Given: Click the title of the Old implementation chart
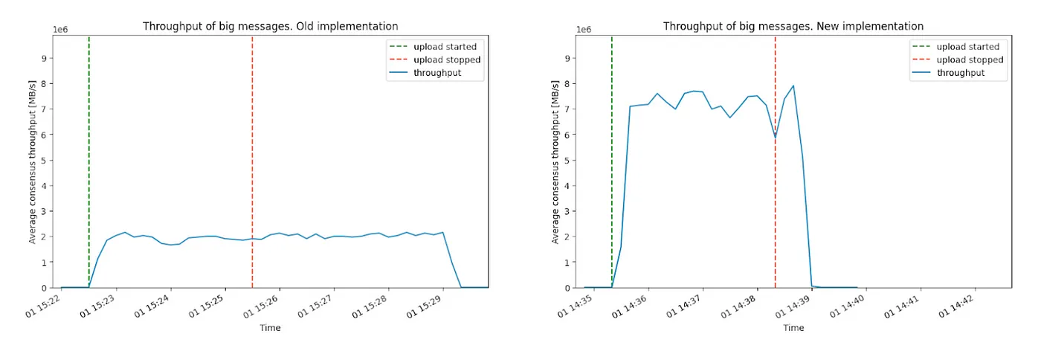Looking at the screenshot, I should (270, 27).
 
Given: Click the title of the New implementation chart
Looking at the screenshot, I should (793, 27).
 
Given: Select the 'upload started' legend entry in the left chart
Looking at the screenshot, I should (445, 47).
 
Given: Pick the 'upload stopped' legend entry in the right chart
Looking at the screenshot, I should (969, 60).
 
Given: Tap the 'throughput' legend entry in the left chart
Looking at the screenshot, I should (437, 72).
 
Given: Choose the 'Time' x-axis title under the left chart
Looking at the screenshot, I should (270, 328).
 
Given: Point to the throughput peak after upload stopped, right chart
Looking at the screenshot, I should (793, 86).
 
